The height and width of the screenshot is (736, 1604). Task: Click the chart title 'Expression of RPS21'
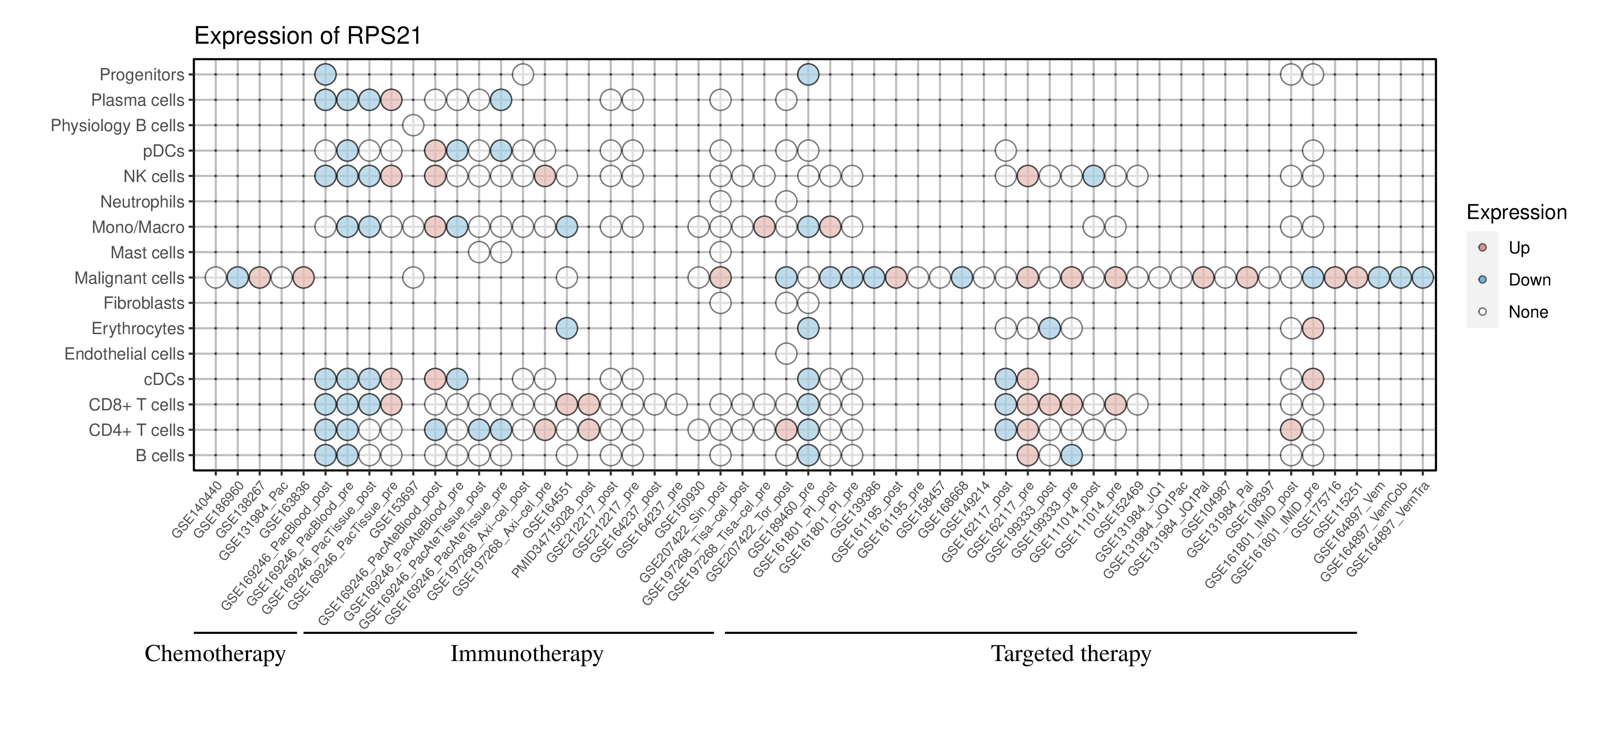coord(307,36)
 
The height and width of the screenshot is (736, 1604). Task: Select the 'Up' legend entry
coord(1519,248)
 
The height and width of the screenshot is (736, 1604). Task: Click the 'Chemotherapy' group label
coord(215,654)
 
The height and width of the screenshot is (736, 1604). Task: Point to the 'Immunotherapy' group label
coord(526,654)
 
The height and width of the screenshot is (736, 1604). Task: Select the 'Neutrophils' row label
coord(142,202)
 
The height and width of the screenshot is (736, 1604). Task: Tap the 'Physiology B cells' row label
coord(117,126)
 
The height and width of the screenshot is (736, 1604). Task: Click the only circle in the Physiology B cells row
coord(413,125)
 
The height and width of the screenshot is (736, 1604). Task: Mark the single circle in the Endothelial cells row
coord(786,354)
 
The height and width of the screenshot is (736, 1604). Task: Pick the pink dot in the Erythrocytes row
coord(1313,328)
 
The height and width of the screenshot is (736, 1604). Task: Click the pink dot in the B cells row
coord(1027,455)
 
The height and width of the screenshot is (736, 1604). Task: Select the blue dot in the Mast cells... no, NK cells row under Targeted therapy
coord(1093,176)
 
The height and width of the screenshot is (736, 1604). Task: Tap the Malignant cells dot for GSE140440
coord(216,278)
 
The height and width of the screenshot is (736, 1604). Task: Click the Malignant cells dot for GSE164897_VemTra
coord(1422,278)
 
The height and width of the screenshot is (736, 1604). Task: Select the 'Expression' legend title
coord(1516,212)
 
